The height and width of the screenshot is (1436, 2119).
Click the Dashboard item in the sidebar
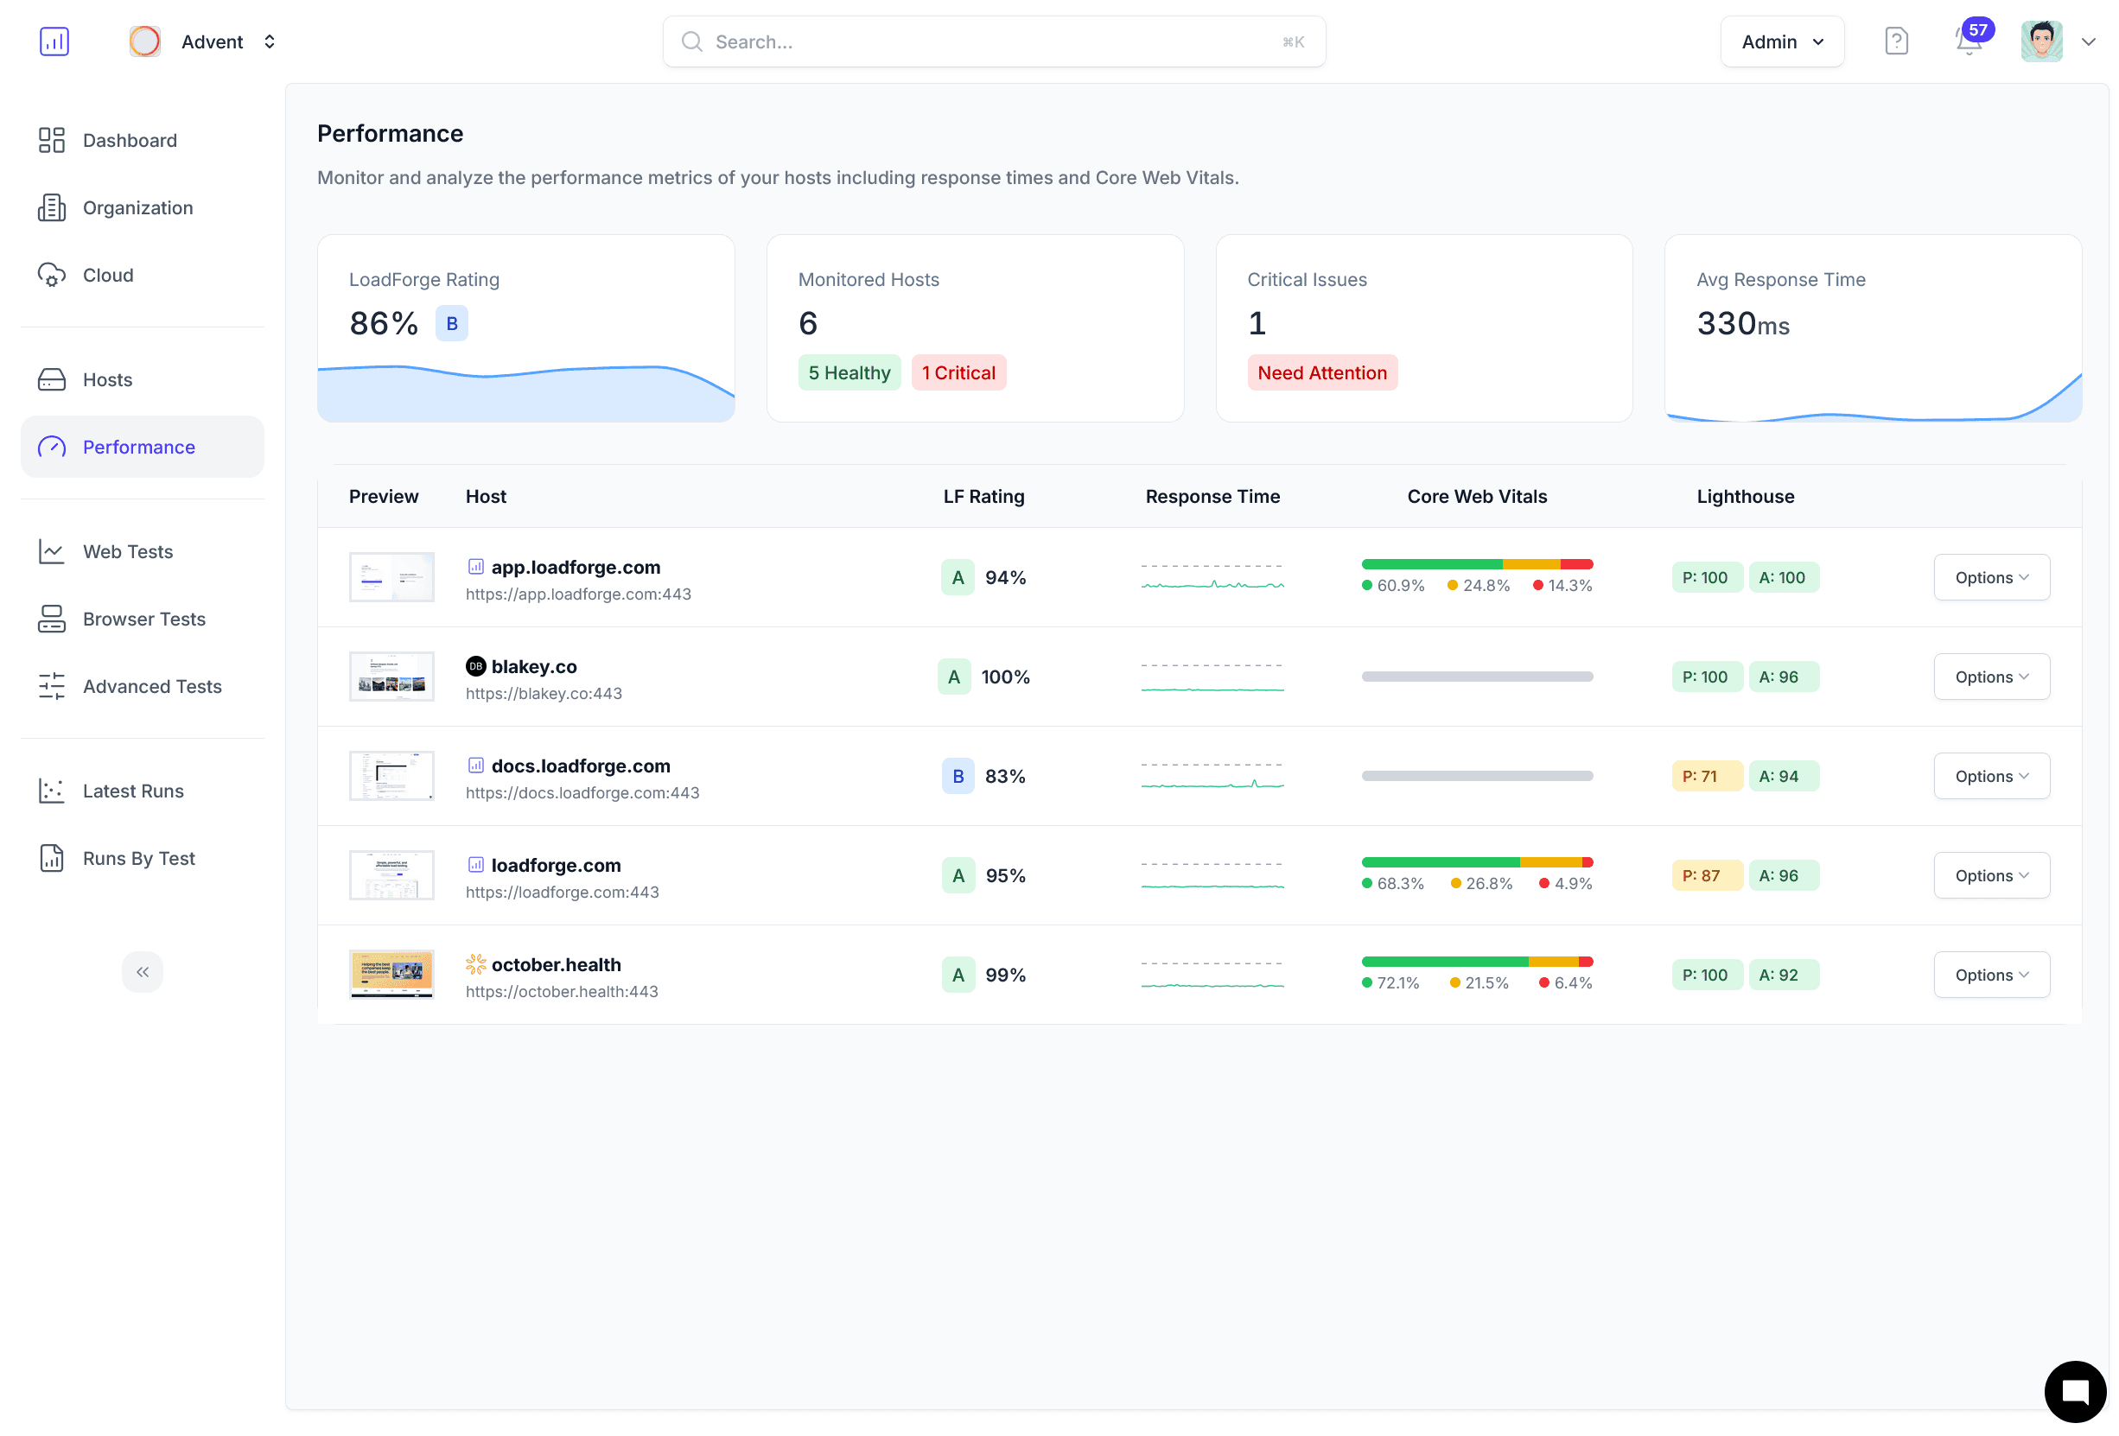(130, 141)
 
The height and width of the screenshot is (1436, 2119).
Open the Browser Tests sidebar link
(143, 620)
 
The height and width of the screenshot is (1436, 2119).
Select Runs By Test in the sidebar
(138, 858)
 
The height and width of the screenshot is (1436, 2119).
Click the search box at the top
(993, 42)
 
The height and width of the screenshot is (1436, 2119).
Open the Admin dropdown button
(1781, 42)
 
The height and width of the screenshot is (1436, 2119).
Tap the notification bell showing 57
(1969, 42)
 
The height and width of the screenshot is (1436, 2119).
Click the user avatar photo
(2040, 42)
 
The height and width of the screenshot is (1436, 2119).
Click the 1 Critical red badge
(958, 373)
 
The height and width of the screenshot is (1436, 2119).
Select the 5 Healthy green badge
(848, 373)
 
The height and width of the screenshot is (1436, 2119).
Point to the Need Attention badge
(1321, 373)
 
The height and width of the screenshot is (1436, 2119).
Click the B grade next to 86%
(451, 324)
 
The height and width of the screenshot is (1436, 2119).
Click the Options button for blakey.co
(1990, 677)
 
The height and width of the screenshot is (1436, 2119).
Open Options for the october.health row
(1990, 975)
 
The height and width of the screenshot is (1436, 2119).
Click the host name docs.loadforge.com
(580, 766)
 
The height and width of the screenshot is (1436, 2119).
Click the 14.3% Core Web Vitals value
(1569, 585)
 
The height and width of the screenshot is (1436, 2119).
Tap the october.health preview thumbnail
(391, 975)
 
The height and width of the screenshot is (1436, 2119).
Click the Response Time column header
(1212, 497)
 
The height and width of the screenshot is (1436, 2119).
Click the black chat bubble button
(2073, 1390)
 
